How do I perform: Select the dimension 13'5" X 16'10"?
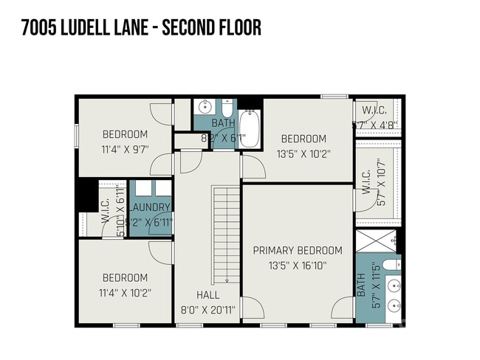click(x=298, y=266)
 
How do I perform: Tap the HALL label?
click(x=208, y=295)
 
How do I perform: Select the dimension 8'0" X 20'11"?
click(x=208, y=310)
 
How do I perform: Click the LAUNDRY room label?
click(x=150, y=207)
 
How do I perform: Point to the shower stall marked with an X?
click(x=375, y=241)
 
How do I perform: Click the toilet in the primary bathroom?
click(x=391, y=264)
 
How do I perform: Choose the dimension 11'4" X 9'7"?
click(x=125, y=148)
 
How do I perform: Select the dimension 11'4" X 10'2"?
click(x=125, y=292)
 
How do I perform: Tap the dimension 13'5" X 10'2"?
click(x=303, y=154)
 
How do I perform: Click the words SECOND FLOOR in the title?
click(x=213, y=28)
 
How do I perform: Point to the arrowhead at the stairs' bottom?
click(x=227, y=280)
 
